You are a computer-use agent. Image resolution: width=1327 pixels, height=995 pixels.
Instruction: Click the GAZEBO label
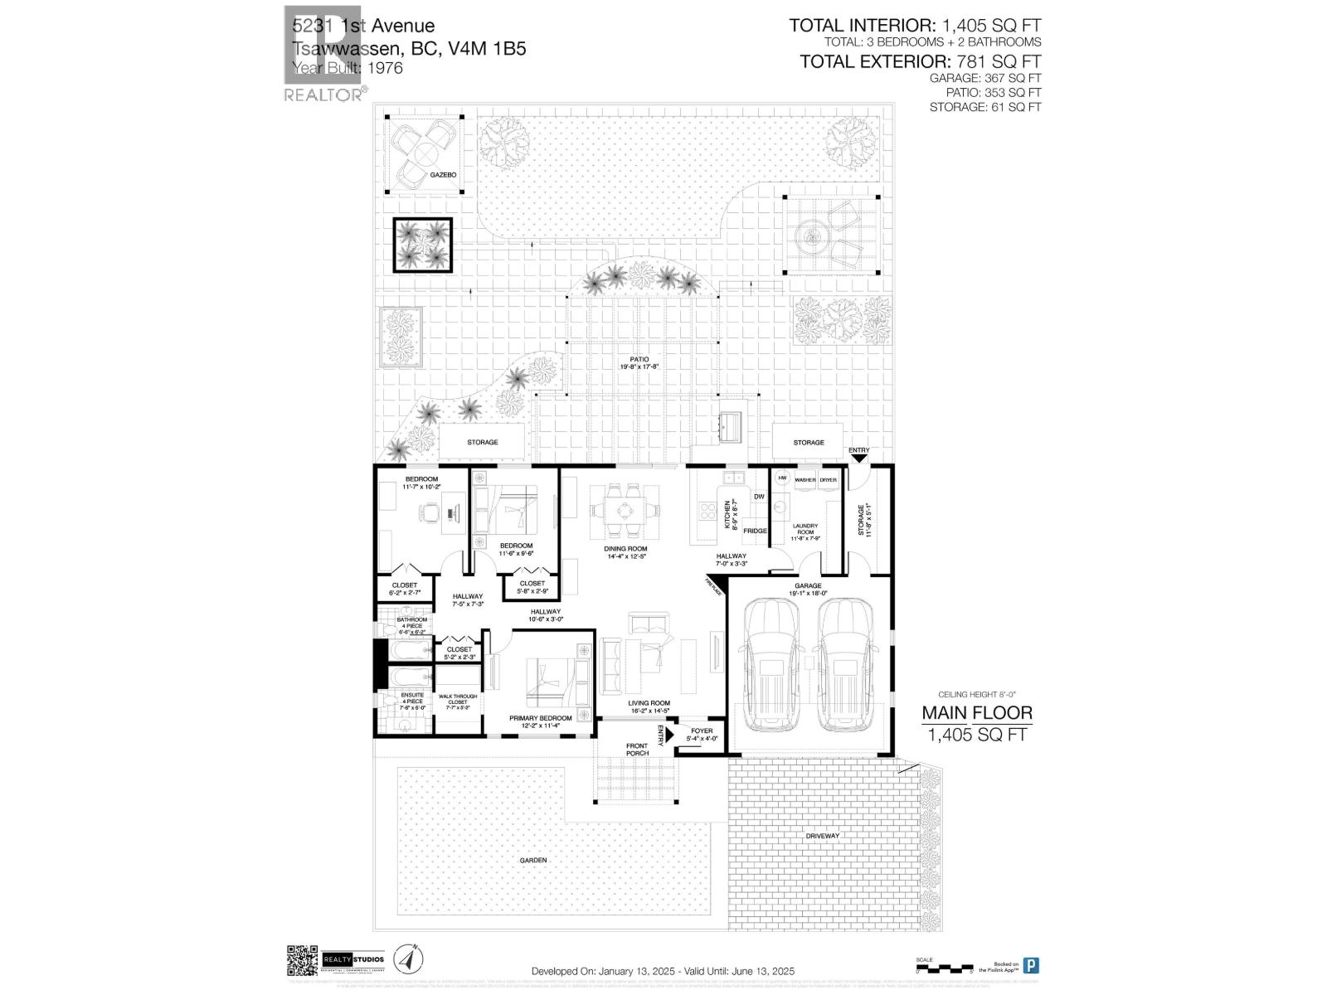[x=442, y=175]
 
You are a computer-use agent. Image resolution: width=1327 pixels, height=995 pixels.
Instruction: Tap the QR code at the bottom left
[x=303, y=960]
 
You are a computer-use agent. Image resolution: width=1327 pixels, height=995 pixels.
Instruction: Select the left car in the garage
[x=771, y=666]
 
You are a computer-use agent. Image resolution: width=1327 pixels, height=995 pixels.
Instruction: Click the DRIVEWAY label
[x=822, y=836]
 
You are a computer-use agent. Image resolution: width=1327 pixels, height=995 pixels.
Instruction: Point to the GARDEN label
[x=533, y=861]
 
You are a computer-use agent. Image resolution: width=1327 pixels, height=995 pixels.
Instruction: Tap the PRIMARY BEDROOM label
[x=540, y=718]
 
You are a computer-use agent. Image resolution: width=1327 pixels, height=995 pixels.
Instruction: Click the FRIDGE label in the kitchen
[x=754, y=531]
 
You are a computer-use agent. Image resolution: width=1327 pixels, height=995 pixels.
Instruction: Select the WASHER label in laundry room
[x=804, y=480]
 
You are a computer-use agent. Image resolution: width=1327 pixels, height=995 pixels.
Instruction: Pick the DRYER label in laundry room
[x=829, y=480]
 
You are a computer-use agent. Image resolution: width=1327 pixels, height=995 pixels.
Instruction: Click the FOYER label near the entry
[x=702, y=731]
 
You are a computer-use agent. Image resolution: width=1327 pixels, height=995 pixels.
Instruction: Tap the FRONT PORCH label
[x=637, y=750]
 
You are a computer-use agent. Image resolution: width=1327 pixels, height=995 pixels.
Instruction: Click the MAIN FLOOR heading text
[x=977, y=713]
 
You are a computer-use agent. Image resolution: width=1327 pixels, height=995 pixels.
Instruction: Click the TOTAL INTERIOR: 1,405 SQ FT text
[x=914, y=26]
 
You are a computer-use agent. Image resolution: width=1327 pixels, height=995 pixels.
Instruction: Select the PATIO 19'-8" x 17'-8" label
[x=639, y=362]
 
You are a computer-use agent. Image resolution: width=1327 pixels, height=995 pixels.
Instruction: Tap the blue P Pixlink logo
[x=1031, y=965]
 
